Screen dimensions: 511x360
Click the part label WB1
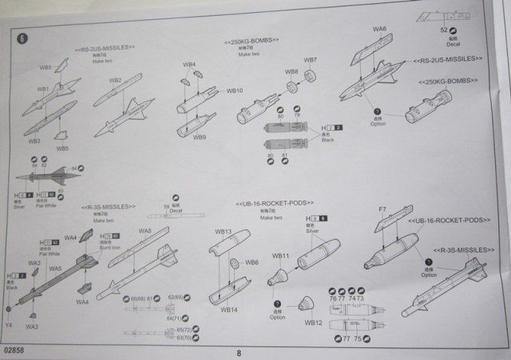[x=43, y=87]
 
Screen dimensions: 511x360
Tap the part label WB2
[x=113, y=79]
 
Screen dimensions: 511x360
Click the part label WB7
[x=311, y=60]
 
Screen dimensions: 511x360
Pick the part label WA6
[x=379, y=29]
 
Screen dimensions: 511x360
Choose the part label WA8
[x=145, y=231]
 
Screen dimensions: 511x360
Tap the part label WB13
[x=223, y=232]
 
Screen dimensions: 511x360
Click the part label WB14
[x=228, y=309]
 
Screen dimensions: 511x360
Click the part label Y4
[x=8, y=325]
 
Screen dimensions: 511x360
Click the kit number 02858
[x=14, y=350]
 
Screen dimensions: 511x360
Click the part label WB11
[x=279, y=255]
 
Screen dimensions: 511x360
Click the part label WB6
[x=251, y=262]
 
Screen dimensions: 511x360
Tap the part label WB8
[x=293, y=71]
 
